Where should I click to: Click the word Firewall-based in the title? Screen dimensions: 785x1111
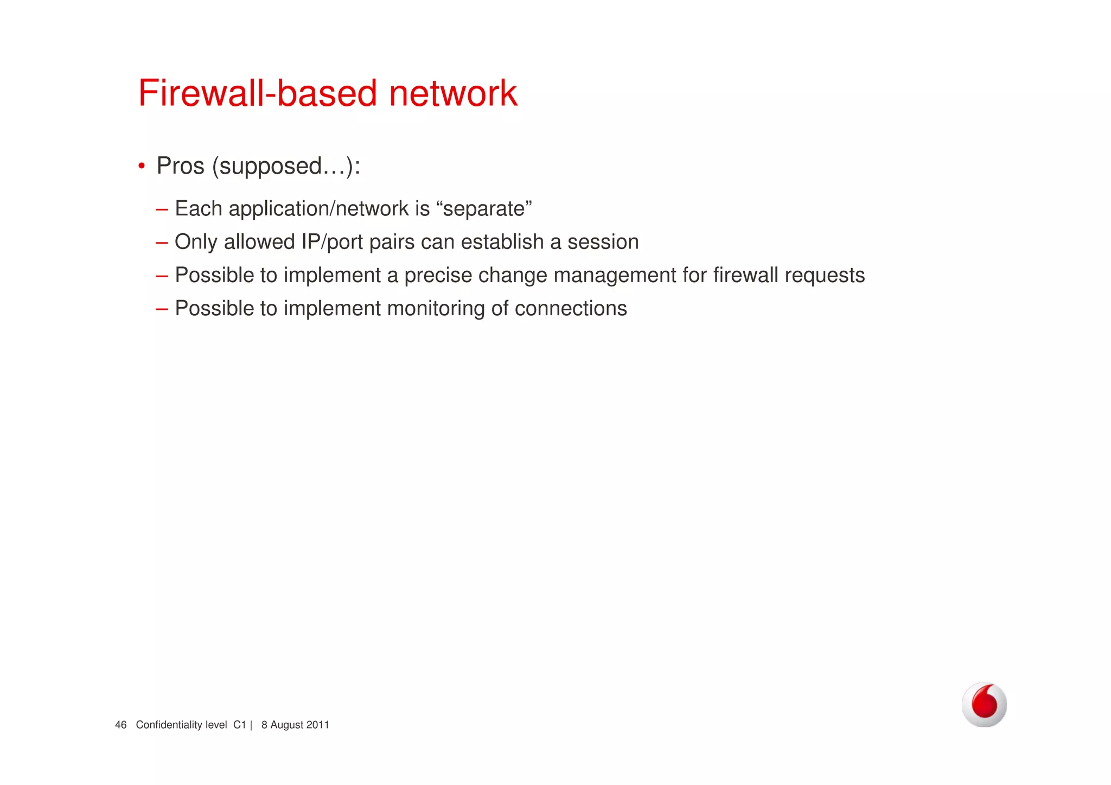[258, 93]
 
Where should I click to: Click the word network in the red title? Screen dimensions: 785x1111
[453, 93]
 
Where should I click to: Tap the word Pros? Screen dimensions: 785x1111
[180, 166]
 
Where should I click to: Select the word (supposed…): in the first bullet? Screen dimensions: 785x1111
[286, 166]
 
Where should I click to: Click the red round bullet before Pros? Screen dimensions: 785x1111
[142, 165]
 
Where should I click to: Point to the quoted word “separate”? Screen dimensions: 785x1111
[484, 209]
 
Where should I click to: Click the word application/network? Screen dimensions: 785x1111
[318, 209]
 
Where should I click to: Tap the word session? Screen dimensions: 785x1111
[603, 242]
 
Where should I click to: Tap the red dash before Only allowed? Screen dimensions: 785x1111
[162, 242]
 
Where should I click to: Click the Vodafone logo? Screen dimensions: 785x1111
[984, 704]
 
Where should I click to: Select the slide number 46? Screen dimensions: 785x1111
[120, 725]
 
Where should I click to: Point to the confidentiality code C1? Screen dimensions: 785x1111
[239, 725]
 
